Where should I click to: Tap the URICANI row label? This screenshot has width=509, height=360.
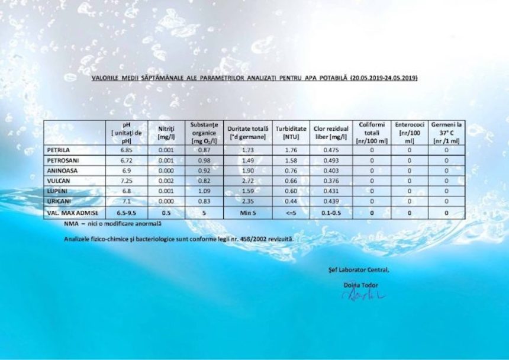(x=59, y=202)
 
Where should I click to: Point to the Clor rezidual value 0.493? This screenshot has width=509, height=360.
(x=331, y=160)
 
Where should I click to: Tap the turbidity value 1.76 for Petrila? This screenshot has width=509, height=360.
(x=291, y=150)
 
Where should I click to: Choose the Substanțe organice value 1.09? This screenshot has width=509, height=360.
(x=204, y=191)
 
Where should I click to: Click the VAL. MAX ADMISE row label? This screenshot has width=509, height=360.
(x=73, y=213)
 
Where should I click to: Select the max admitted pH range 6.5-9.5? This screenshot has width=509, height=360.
(x=126, y=213)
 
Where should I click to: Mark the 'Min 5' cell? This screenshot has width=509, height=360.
(x=249, y=213)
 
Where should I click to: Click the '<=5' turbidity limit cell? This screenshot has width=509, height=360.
(x=291, y=213)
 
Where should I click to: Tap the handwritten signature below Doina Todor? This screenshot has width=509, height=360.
(x=363, y=294)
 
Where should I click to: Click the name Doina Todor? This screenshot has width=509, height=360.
(x=361, y=285)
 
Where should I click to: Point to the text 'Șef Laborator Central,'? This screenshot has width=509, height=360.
(x=359, y=270)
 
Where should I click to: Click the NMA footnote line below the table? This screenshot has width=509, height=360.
(x=112, y=224)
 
